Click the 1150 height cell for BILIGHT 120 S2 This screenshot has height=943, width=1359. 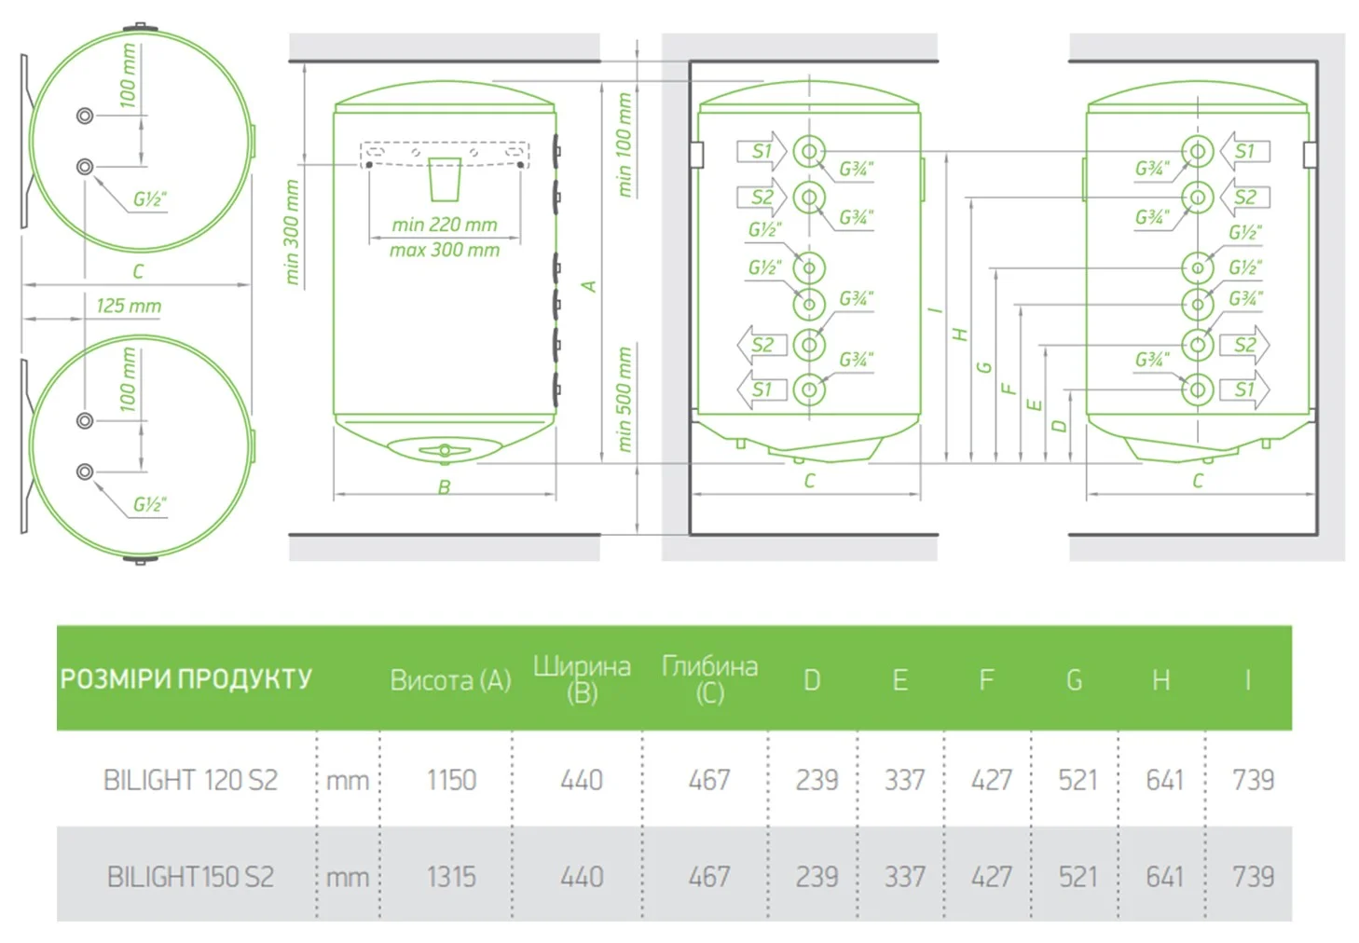[x=451, y=780]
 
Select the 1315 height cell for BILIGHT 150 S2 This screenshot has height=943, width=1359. [x=451, y=877]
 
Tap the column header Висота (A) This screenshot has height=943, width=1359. [x=450, y=680]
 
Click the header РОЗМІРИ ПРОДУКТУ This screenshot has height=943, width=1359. [x=185, y=679]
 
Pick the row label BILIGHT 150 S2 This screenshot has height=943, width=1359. [x=190, y=877]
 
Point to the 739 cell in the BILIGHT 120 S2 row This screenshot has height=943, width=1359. [x=1253, y=780]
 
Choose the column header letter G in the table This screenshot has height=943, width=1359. [x=1074, y=680]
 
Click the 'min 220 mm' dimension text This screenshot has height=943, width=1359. [x=444, y=225]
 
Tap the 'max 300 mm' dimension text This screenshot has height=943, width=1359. [x=444, y=250]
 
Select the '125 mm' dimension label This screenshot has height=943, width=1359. [x=129, y=306]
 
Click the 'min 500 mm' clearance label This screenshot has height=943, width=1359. [x=625, y=400]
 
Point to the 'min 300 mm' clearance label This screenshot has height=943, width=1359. [x=292, y=232]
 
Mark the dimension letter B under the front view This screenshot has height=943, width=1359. [x=444, y=487]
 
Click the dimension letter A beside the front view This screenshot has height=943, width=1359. [x=588, y=286]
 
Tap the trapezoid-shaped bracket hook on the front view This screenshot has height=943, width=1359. [x=445, y=179]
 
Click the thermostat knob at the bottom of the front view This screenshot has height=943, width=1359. [x=445, y=450]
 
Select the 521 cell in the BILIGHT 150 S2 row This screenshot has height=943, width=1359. [x=1078, y=877]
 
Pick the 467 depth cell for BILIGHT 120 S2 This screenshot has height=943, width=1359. [x=709, y=780]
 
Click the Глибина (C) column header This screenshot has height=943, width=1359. [x=710, y=680]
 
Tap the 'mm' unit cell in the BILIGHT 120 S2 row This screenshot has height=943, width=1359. [x=348, y=781]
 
